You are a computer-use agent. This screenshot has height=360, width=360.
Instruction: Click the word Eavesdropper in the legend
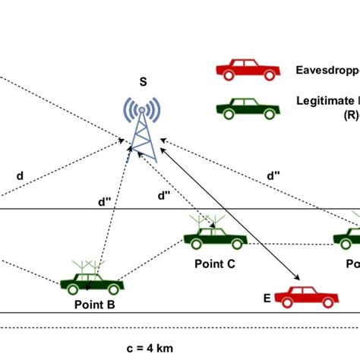pos(327,70)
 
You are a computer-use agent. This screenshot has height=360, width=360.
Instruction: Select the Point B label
pos(95,304)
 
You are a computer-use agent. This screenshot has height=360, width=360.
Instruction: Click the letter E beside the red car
pos(267,298)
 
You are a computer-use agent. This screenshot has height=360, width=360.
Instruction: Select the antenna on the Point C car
pos(210,221)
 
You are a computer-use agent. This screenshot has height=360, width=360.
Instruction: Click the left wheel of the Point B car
pos(73,289)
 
